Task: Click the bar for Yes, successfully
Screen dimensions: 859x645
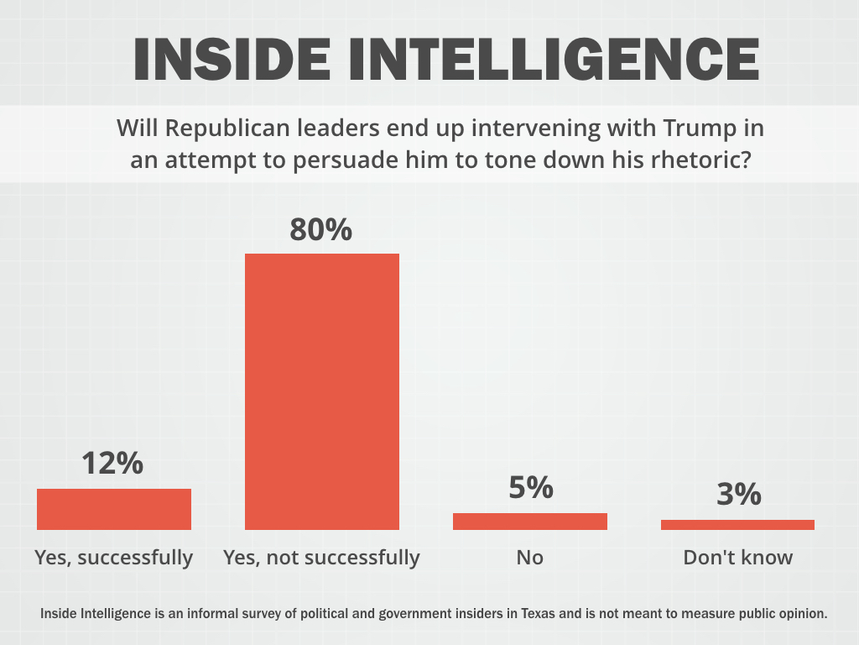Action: pos(114,509)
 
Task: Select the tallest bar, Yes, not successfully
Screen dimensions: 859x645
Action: pos(322,391)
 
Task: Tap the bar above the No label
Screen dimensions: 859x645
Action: pos(530,521)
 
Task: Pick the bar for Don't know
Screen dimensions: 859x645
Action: pos(738,525)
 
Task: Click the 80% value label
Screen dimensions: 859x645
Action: pos(321,229)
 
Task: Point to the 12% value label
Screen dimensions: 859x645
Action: pos(113,463)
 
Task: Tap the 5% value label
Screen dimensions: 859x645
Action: pos(531,487)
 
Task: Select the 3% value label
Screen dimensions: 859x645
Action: pos(739,494)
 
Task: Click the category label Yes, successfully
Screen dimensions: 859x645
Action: pos(114,558)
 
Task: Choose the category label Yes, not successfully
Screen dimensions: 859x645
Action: pos(321,558)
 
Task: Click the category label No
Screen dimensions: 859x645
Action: pos(530,558)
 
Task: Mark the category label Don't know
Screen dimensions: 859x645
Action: pos(738,558)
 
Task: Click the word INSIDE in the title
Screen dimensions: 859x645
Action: pos(232,60)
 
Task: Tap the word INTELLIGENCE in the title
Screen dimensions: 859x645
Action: pos(554,60)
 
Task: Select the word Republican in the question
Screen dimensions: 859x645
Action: pos(227,128)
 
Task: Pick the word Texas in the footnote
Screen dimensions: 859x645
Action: pos(538,613)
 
